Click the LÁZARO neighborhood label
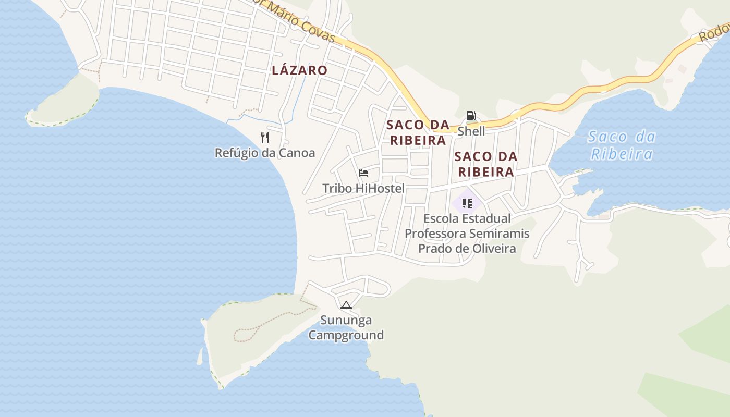pyautogui.click(x=299, y=70)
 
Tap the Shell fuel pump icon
pyautogui.click(x=471, y=116)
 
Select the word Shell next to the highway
pyautogui.click(x=471, y=131)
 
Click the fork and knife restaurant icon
pyautogui.click(x=265, y=138)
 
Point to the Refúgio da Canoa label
pyautogui.click(x=265, y=153)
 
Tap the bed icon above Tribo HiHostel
pyautogui.click(x=363, y=173)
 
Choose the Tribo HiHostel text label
pyautogui.click(x=363, y=188)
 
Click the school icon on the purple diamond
pyautogui.click(x=467, y=203)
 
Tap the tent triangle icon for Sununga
pyautogui.click(x=346, y=305)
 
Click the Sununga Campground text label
pyautogui.click(x=346, y=327)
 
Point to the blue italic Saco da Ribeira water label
pyautogui.click(x=622, y=145)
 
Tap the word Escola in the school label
pyautogui.click(x=442, y=218)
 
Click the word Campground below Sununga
pyautogui.click(x=346, y=335)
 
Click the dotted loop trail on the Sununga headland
pyautogui.click(x=250, y=331)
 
